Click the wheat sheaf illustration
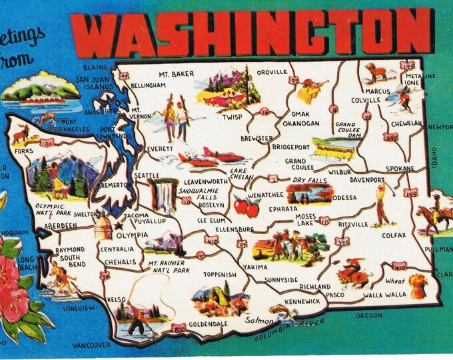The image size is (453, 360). tap(418, 285)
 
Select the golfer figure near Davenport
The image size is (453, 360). tap(381, 204)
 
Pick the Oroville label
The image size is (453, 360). tap(272, 71)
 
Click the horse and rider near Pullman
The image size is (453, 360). tap(430, 217)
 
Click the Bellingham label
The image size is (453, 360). tap(148, 87)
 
